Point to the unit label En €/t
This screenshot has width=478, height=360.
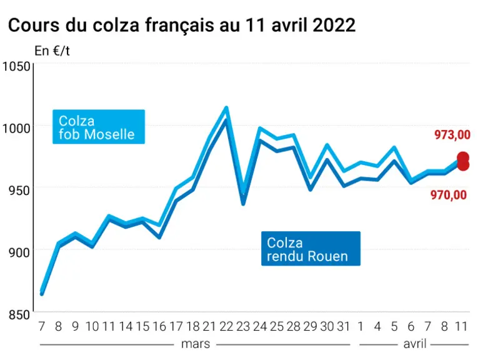coord(52,51)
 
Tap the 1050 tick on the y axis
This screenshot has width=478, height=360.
coord(16,66)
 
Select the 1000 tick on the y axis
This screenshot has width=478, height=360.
coord(16,128)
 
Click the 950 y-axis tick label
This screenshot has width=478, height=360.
coord(19,191)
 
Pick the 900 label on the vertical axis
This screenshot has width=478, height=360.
coord(19,252)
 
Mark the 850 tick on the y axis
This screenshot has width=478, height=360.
coord(19,314)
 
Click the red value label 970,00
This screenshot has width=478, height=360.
coord(449,195)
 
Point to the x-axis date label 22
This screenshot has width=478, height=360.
coord(226,327)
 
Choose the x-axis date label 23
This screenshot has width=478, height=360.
coord(243,327)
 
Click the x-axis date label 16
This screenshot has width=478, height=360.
coord(159,327)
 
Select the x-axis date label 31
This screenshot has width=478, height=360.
coord(344,327)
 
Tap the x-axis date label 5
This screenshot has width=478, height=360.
coord(394,327)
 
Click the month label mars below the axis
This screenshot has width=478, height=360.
coord(196,344)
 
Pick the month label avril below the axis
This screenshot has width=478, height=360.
coord(415,344)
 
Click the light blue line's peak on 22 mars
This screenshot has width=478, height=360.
coord(226,107)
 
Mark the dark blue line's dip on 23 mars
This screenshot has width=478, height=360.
coord(243,204)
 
